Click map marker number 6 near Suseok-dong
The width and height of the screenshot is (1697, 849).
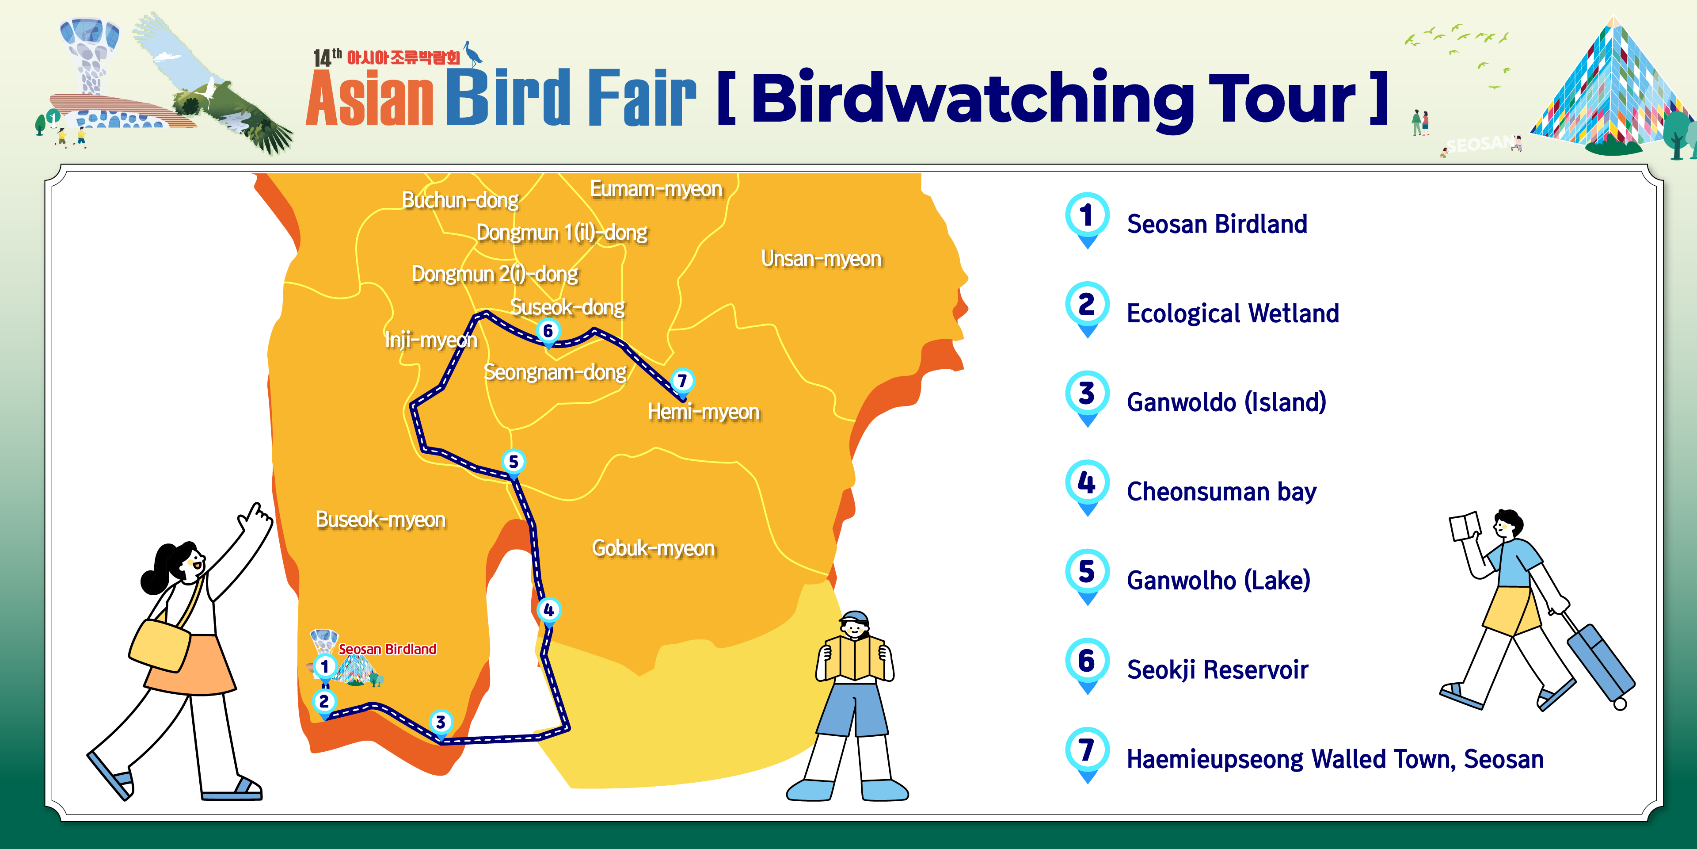[x=548, y=331]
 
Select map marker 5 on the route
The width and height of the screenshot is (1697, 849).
[x=513, y=461]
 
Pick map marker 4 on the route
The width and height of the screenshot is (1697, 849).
[x=548, y=610]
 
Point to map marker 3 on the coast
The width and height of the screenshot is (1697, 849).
[x=441, y=722]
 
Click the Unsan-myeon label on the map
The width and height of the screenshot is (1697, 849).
[x=821, y=258]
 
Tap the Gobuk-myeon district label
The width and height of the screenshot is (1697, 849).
[x=653, y=548]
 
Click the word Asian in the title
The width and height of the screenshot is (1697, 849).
[x=369, y=99]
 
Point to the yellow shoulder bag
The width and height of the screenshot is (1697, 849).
[x=160, y=646]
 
